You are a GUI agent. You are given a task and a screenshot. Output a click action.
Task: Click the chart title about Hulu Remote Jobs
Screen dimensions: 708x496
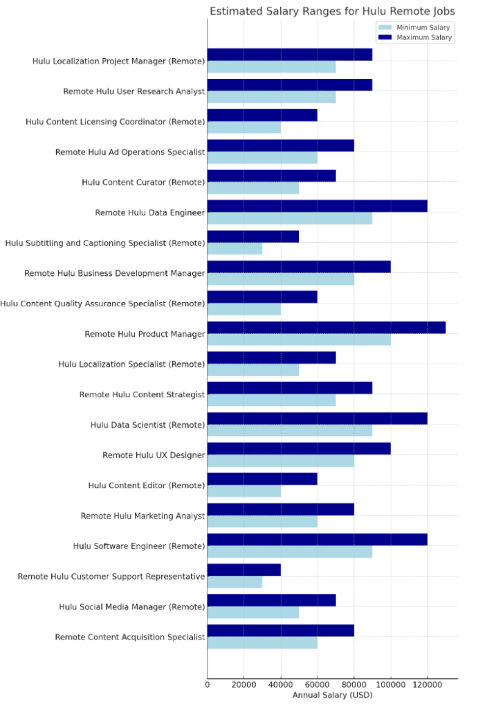point(332,11)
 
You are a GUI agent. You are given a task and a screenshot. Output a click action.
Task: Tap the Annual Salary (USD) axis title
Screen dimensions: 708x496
point(332,694)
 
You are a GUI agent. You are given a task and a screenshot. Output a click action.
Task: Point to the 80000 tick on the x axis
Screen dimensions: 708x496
point(354,684)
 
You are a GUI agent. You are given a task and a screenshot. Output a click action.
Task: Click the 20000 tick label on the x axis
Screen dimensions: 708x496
point(244,684)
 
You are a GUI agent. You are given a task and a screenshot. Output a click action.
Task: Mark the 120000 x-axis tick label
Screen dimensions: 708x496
point(428,684)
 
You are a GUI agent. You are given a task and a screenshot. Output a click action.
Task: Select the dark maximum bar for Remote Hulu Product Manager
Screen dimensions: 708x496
point(327,327)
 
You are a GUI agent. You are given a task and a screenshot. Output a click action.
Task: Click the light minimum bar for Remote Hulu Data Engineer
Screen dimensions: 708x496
point(290,218)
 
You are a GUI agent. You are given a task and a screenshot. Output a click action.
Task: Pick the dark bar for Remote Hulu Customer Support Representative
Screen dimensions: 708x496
point(244,570)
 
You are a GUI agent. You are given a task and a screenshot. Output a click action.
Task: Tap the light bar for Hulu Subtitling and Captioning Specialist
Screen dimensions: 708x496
point(235,249)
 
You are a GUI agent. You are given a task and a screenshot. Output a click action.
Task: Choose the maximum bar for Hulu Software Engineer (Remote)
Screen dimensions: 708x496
point(318,539)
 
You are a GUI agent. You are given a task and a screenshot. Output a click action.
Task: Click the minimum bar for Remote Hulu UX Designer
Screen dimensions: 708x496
point(281,461)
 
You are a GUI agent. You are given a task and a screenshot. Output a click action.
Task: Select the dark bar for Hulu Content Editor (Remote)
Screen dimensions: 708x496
point(262,478)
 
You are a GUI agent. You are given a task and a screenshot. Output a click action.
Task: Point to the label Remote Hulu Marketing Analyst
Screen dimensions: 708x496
point(143,516)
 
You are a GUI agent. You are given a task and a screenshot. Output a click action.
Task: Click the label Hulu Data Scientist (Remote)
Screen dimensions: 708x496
point(147,425)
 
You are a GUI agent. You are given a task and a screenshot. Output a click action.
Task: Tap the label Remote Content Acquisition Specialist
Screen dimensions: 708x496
point(130,637)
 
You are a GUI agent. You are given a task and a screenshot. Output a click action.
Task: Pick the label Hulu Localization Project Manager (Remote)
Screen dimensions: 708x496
point(118,61)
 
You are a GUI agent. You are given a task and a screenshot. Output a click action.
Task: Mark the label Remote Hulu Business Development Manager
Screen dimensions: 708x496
point(114,273)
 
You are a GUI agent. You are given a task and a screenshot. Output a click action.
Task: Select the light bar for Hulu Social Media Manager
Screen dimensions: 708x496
point(253,613)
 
